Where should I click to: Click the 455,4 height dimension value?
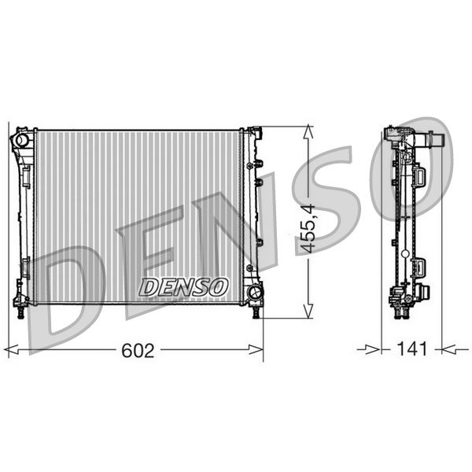309,229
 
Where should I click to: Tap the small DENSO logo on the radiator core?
184,286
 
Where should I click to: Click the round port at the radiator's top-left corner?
21,140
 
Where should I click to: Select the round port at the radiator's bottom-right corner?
255,294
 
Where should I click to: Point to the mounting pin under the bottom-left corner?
19,313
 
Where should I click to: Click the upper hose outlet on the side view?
441,143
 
